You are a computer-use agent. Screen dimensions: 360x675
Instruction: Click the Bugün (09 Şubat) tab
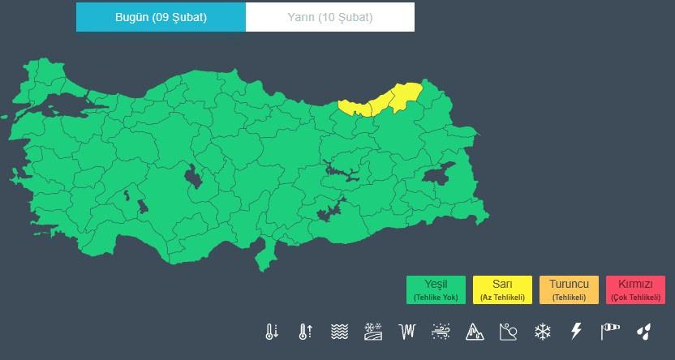161,17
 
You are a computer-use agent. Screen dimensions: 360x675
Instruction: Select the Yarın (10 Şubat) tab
330,17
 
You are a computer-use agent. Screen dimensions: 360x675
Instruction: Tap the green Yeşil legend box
436,289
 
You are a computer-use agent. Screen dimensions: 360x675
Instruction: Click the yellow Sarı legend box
502,289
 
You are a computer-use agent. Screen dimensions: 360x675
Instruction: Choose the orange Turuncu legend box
569,289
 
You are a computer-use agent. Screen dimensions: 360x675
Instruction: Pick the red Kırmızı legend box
635,289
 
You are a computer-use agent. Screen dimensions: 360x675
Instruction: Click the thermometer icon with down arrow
272,332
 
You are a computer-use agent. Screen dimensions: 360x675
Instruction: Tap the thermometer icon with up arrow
305,332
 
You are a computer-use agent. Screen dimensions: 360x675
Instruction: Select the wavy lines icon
339,332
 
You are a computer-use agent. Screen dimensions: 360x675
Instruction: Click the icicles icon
406,332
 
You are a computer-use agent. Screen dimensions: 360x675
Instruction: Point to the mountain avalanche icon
475,332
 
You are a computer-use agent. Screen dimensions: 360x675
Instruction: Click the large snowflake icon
542,332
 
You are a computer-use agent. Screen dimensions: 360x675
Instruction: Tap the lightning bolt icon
576,332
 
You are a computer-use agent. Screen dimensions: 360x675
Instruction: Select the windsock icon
610,332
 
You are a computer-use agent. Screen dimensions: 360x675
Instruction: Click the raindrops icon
643,332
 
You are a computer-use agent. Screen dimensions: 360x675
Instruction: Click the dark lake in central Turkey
194,176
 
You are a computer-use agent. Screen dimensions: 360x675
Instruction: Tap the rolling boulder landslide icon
509,332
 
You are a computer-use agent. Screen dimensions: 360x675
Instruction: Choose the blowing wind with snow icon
441,332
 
